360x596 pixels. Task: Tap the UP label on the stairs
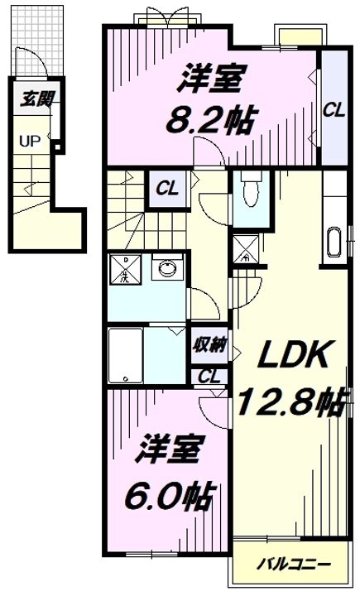[x=30, y=142]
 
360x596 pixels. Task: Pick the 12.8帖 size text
[x=290, y=403]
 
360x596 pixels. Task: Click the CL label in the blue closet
[x=334, y=108]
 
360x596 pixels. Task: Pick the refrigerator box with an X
[x=245, y=249]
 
